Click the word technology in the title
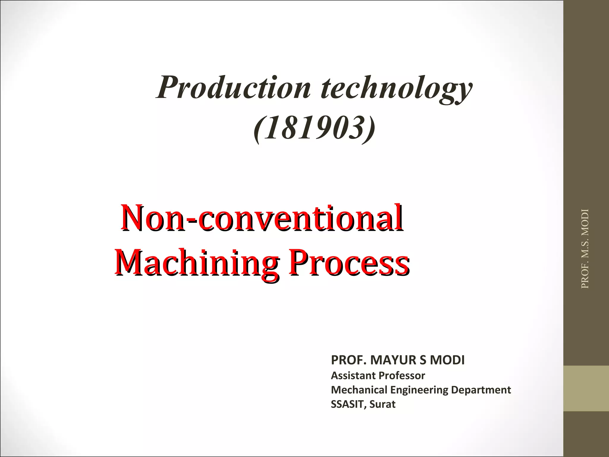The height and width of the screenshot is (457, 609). coord(396,88)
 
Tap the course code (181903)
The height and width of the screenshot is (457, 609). coord(314,128)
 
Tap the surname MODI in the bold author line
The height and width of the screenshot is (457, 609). coord(447,360)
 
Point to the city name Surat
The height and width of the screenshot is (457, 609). coord(382,404)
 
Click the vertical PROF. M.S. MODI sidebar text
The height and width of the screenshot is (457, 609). coord(585,249)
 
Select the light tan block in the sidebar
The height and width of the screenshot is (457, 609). coord(586,388)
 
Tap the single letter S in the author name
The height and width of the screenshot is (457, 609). coord(423,360)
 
